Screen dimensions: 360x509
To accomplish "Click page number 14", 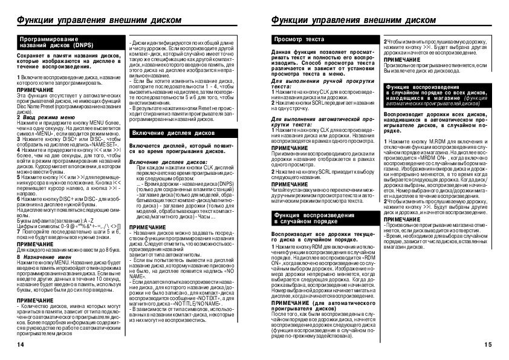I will (x=21, y=344).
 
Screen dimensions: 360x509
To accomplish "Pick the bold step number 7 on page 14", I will (x=18, y=232).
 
